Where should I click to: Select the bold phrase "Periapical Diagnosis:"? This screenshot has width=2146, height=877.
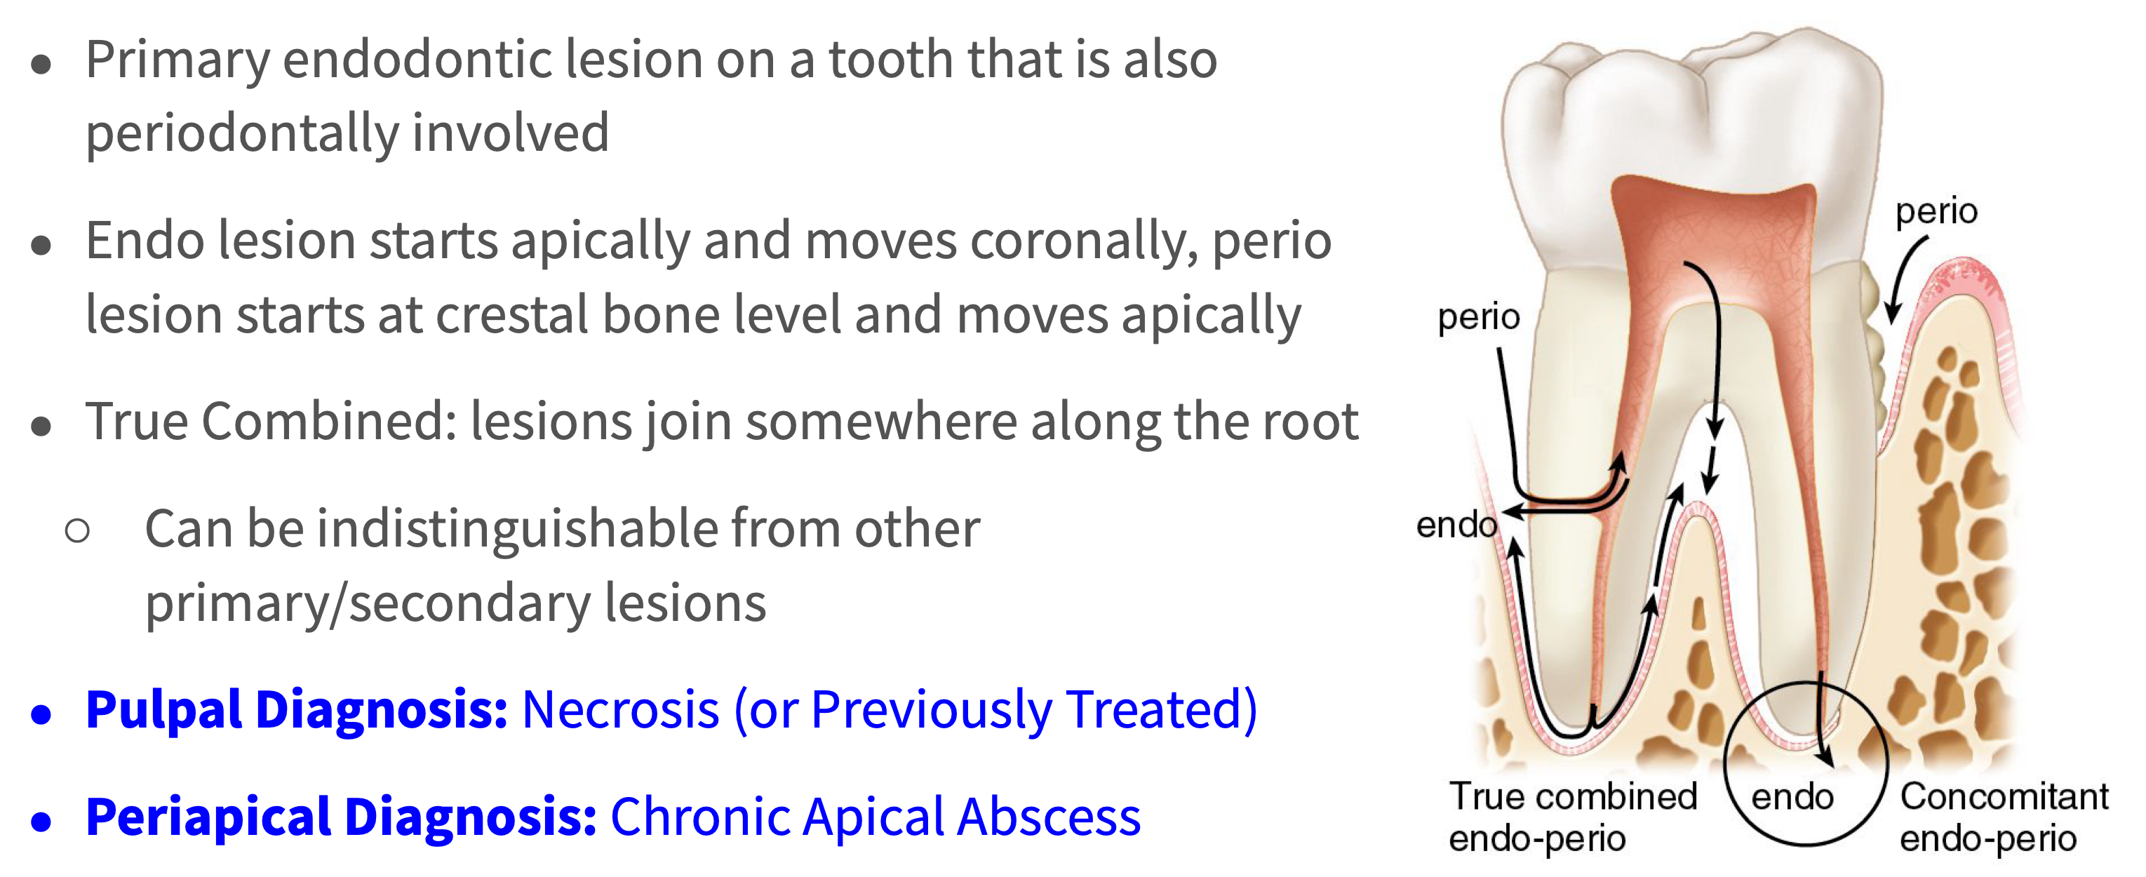coord(342,817)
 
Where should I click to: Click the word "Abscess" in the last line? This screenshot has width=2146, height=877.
coord(1049,817)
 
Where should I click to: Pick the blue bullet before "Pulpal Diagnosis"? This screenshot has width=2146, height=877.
coord(41,715)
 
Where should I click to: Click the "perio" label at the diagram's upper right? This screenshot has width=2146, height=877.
coord(1936,213)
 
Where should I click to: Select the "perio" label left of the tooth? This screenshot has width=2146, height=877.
coord(1479,318)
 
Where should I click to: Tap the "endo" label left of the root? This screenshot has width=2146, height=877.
coord(1457,525)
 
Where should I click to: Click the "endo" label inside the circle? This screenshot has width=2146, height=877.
coord(1792,797)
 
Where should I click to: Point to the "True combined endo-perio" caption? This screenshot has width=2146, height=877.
coord(1573,817)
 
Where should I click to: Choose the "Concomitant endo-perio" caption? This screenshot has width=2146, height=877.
coord(2004,817)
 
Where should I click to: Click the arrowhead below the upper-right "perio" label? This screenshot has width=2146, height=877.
coord(1892,313)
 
